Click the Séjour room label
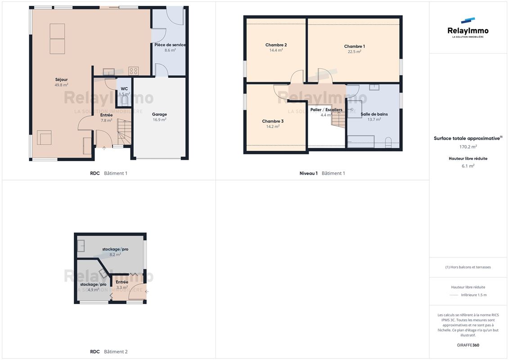(x=61, y=80)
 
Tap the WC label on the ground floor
(x=124, y=89)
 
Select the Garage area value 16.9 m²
(x=159, y=120)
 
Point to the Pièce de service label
(x=170, y=45)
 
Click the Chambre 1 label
(x=355, y=46)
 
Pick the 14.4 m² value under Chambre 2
(x=276, y=50)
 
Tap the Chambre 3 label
(x=273, y=121)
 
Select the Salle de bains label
(x=374, y=114)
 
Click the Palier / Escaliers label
(x=326, y=110)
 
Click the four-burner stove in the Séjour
(x=133, y=71)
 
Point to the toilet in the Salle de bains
(x=388, y=142)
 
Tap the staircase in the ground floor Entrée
(x=124, y=132)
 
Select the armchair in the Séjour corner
(x=44, y=137)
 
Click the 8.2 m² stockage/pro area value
(x=115, y=255)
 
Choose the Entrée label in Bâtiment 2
(x=122, y=282)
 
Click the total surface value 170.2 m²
(x=468, y=147)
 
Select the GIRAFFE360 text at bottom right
(x=468, y=345)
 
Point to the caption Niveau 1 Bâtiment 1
(x=322, y=173)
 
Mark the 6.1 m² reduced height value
(x=468, y=166)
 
